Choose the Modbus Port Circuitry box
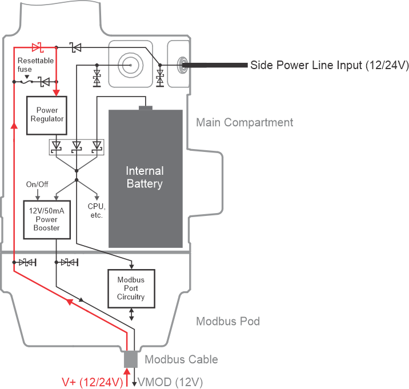[x=131, y=288]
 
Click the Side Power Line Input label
[x=329, y=65]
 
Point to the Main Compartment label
[x=244, y=123]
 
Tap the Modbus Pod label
[x=228, y=321]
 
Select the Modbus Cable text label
[x=181, y=359]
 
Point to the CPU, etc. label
[x=95, y=210]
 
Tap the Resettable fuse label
[x=35, y=64]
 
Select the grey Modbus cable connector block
[x=131, y=359]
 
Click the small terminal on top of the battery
[x=146, y=107]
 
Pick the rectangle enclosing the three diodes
[x=76, y=147]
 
